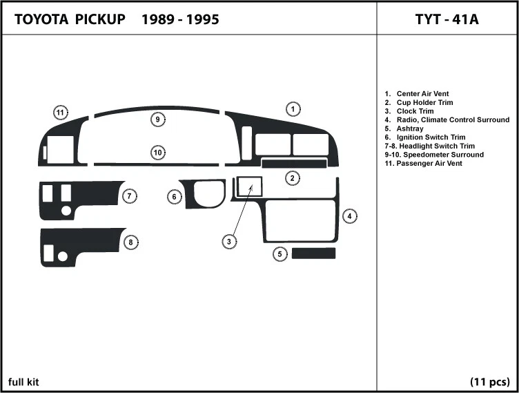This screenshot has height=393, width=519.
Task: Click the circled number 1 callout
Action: tap(293, 109)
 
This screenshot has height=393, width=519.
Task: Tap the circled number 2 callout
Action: tap(293, 178)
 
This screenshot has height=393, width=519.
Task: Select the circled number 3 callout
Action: tap(229, 241)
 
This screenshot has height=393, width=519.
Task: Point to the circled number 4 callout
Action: tap(351, 216)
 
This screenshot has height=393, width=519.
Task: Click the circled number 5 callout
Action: tap(280, 254)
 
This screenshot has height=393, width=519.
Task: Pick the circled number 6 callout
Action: tap(175, 198)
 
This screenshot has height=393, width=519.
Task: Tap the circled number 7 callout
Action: tap(129, 197)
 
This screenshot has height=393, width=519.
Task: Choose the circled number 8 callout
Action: tap(129, 242)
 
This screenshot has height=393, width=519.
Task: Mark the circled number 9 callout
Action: tap(158, 119)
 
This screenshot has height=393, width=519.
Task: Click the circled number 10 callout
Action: tap(158, 152)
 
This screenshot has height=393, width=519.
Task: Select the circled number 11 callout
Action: tap(61, 113)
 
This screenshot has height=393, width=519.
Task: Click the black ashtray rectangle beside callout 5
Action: tap(313, 253)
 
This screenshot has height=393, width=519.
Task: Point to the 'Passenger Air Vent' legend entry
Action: tap(423, 164)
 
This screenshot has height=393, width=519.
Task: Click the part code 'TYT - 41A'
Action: tap(447, 19)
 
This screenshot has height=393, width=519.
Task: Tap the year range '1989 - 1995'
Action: tap(180, 19)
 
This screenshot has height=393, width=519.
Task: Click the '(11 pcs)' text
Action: tap(489, 382)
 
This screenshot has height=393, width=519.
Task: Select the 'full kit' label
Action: tap(23, 382)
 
